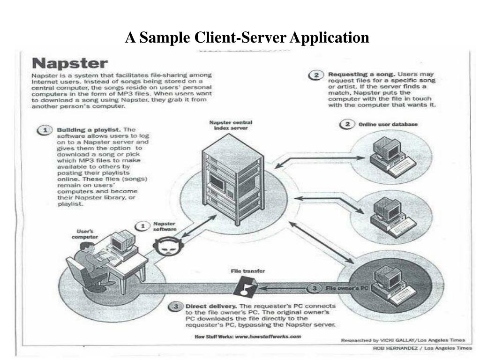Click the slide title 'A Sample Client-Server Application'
pyautogui.click(x=247, y=37)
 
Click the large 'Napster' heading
pyautogui.click(x=69, y=63)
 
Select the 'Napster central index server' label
pyautogui.click(x=231, y=125)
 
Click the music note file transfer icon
pyautogui.click(x=246, y=285)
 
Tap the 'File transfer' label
pyautogui.click(x=247, y=271)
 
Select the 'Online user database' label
pyautogui.click(x=388, y=124)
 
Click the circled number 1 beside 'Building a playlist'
pyautogui.click(x=45, y=130)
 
